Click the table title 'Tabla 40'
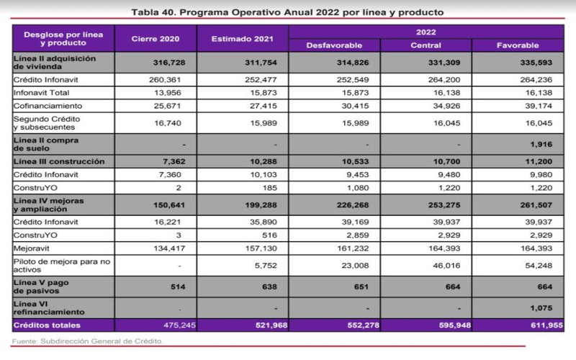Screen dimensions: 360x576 (x=289, y=12)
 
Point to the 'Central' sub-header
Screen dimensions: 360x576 (x=426, y=45)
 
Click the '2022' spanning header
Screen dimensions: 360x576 (x=426, y=32)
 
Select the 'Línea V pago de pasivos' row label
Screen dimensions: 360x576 (x=43, y=287)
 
